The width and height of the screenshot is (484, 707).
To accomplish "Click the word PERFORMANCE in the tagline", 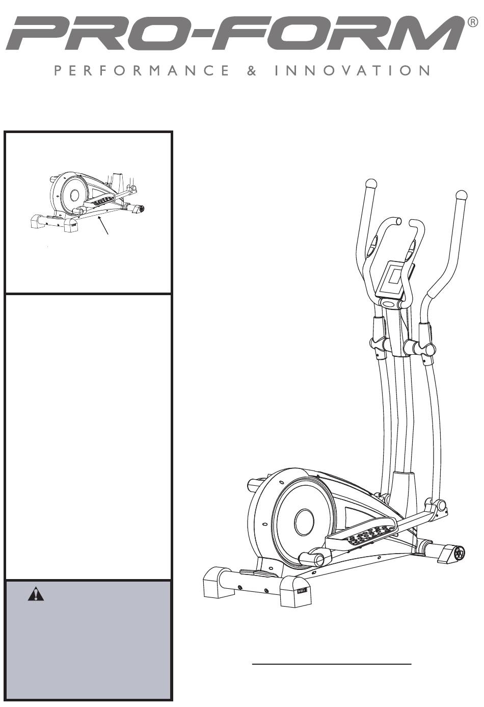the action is (142, 70).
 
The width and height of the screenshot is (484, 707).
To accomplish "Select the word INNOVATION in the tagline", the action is (352, 70).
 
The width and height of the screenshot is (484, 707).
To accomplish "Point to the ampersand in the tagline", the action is (252, 70).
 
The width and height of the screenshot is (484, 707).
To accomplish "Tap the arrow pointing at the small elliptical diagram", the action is (104, 225).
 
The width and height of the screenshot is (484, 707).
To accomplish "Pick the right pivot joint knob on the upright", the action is (426, 349).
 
